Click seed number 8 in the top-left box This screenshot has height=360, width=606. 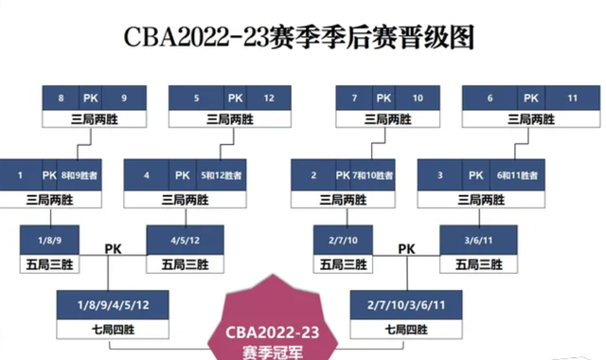click(x=61, y=98)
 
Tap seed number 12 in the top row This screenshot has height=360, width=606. click(x=269, y=98)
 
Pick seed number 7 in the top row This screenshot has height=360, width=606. click(x=353, y=98)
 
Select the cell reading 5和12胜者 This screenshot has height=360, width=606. click(x=226, y=175)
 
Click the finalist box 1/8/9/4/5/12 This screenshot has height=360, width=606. click(x=112, y=304)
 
